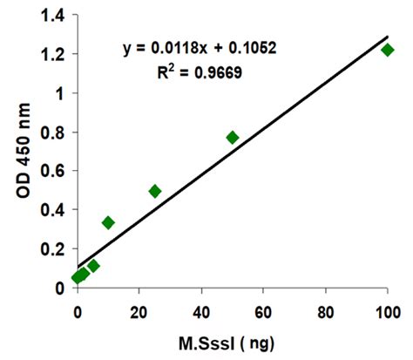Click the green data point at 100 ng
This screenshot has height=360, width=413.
coord(388,50)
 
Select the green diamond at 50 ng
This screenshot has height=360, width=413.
coord(233,137)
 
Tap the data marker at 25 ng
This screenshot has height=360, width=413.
coord(155,191)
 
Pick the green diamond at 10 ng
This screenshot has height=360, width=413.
coord(108,222)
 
